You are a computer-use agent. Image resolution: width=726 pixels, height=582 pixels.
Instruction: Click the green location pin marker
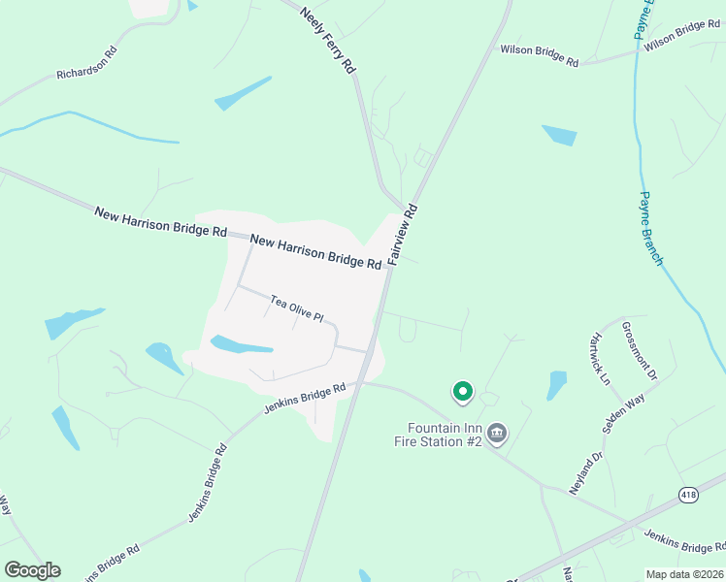tap(463, 391)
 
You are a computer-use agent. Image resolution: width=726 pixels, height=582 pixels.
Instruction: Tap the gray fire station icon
tap(497, 433)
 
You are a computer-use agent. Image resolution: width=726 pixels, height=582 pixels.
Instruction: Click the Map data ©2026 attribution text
tap(683, 574)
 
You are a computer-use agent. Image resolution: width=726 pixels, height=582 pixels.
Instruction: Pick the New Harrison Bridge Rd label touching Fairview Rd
tap(315, 251)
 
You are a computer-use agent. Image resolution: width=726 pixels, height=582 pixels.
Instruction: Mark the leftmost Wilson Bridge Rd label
tap(539, 55)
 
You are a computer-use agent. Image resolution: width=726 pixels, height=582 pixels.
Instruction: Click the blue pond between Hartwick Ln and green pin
tap(556, 384)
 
